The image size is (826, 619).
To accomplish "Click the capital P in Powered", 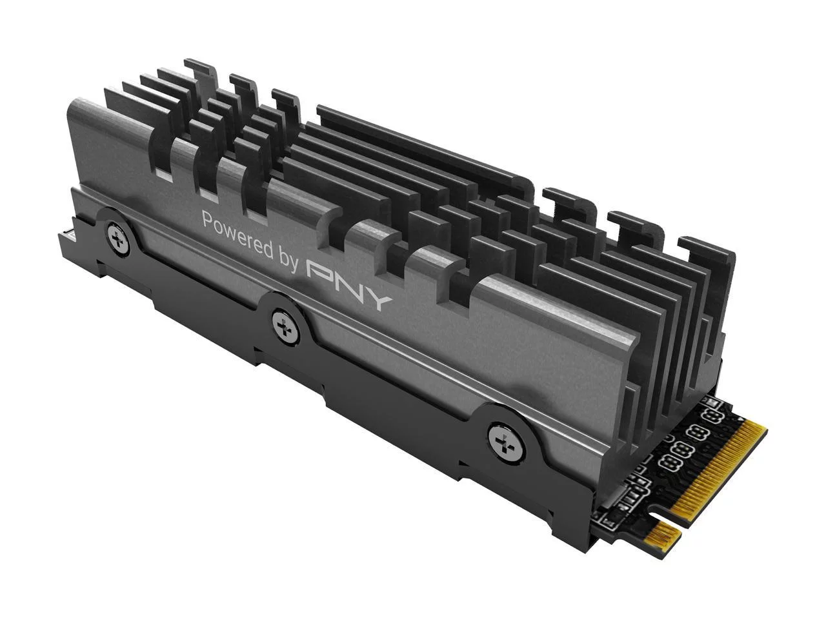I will pyautogui.click(x=208, y=220).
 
